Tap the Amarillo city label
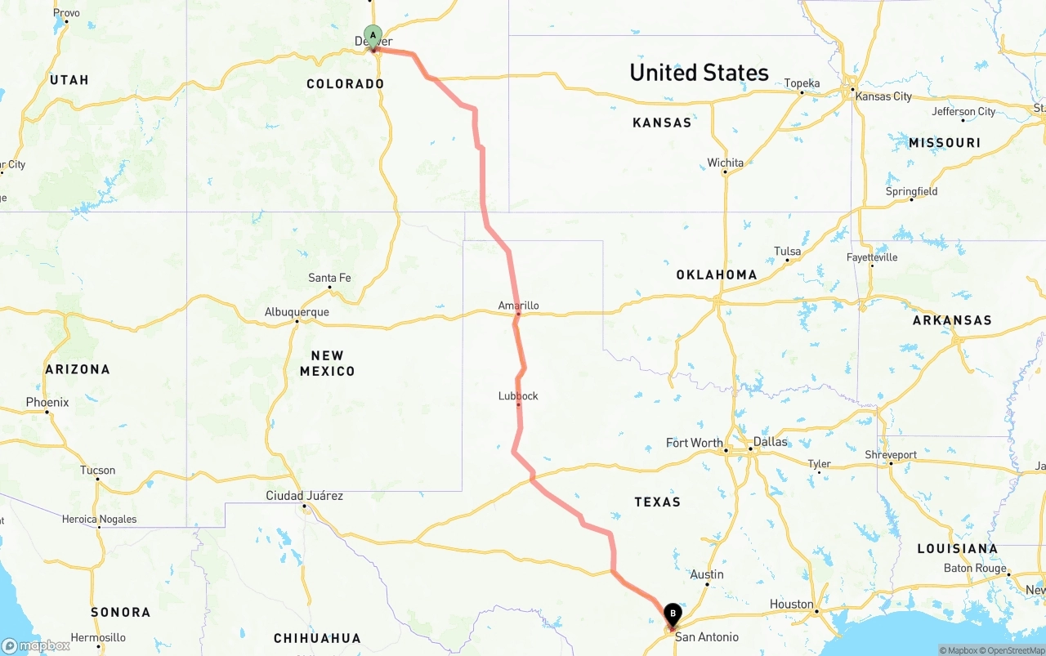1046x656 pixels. pyautogui.click(x=519, y=306)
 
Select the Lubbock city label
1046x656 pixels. pyautogui.click(x=518, y=396)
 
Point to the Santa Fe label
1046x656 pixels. pyautogui.click(x=329, y=278)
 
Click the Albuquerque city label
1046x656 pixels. pyautogui.click(x=297, y=312)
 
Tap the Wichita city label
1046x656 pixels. pyautogui.click(x=726, y=163)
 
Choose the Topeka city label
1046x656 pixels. pyautogui.click(x=802, y=83)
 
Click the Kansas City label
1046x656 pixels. pyautogui.click(x=883, y=96)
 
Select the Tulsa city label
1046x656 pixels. pyautogui.click(x=788, y=252)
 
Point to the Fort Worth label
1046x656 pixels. pyautogui.click(x=695, y=443)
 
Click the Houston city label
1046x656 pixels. pyautogui.click(x=791, y=605)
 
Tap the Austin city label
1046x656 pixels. pyautogui.click(x=707, y=574)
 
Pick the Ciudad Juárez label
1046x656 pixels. pyautogui.click(x=304, y=496)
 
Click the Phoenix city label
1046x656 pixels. pyautogui.click(x=47, y=402)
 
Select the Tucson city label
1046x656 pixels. pyautogui.click(x=98, y=470)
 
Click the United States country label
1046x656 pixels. pyautogui.click(x=699, y=73)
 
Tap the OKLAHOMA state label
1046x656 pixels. pyautogui.click(x=717, y=274)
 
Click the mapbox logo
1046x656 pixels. pyautogui.click(x=36, y=645)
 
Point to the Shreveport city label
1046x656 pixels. pyautogui.click(x=891, y=454)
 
